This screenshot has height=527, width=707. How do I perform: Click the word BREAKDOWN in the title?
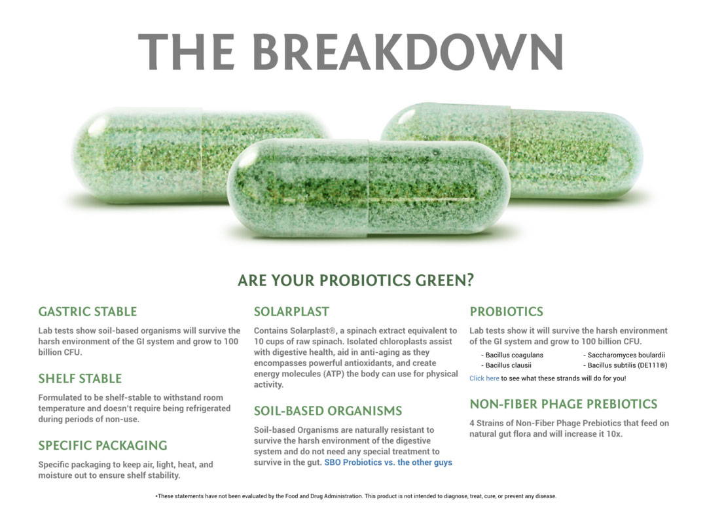(408, 52)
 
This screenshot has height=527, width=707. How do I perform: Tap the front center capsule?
(369, 187)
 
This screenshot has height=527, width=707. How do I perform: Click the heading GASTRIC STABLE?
(88, 312)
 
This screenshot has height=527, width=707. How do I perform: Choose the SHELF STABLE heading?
(80, 378)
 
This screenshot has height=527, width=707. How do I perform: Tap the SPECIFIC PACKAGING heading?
(103, 445)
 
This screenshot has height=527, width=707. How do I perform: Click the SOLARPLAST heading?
(291, 312)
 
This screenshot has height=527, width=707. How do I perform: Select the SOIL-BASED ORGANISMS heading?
(328, 410)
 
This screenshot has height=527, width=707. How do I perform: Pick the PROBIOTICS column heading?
(506, 312)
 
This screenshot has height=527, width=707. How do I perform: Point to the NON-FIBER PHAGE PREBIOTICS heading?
(564, 404)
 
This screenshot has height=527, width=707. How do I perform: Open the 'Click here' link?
(484, 378)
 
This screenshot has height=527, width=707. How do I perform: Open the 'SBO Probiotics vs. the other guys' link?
(388, 462)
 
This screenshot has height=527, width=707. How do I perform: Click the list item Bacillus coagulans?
(512, 355)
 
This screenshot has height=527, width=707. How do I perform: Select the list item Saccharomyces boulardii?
(624, 355)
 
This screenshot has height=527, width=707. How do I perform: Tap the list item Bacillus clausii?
(506, 365)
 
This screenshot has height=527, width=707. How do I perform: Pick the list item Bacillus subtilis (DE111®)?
(625, 365)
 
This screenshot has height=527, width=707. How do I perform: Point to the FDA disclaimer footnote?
(355, 496)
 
